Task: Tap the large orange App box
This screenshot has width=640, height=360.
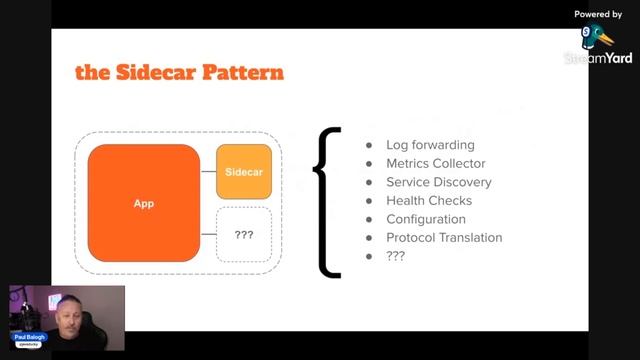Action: (144, 204)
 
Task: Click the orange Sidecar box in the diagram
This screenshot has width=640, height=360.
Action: (244, 171)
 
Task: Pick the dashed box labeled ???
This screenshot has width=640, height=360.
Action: (244, 235)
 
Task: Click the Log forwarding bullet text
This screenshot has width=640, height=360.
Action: (430, 145)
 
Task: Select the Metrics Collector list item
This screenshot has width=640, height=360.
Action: (435, 164)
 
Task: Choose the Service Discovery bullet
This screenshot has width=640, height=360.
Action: (438, 182)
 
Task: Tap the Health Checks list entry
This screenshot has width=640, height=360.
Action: (429, 200)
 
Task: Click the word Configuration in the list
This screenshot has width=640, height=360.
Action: (426, 219)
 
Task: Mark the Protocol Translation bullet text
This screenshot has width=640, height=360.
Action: (444, 237)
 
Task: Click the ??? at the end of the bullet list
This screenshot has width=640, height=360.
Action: (396, 256)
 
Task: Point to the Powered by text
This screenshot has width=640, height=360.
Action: (598, 14)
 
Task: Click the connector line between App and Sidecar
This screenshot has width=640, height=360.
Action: (208, 171)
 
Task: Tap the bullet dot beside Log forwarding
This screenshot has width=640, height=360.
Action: (370, 146)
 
